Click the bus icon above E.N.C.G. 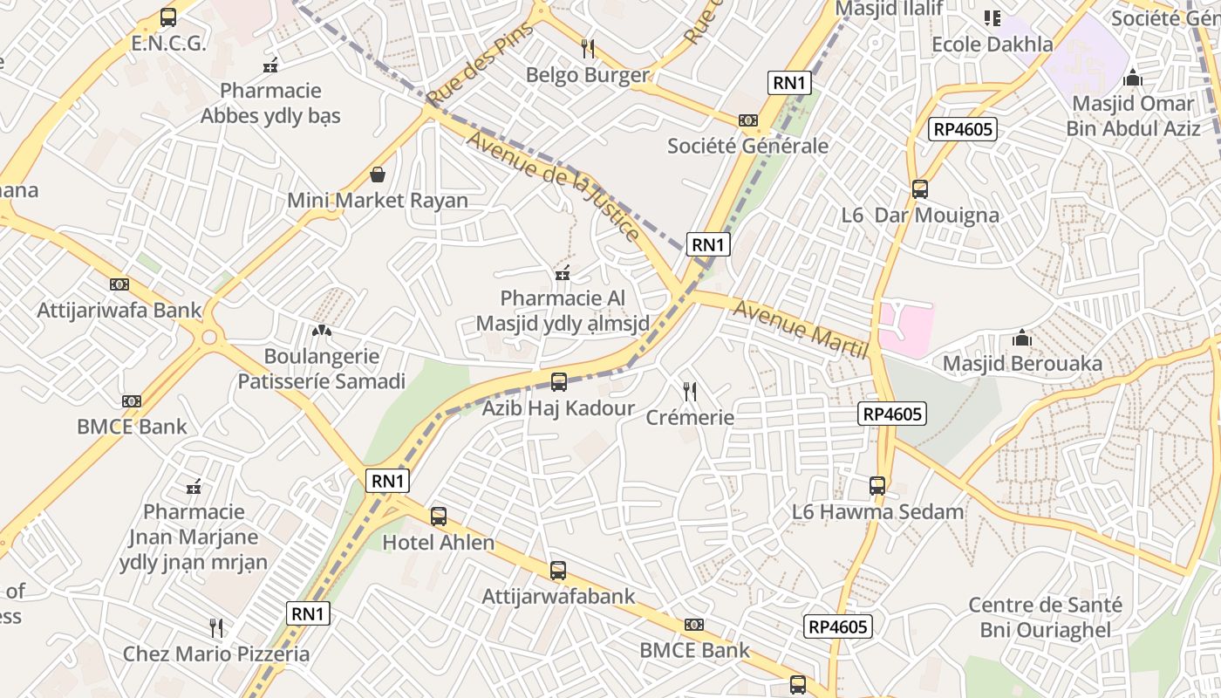coord(168,17)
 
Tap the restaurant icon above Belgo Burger coord(588,48)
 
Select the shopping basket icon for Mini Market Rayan coord(378,174)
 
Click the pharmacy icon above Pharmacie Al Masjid coord(563,274)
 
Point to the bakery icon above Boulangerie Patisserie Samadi coord(321,331)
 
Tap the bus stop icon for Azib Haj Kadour coord(559,382)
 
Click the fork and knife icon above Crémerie coord(690,392)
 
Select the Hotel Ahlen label coord(439,543)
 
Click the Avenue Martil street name coord(801,329)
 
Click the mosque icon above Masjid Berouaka coord(1022,338)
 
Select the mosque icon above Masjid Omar coord(1133,78)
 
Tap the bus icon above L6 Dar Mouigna coord(919,189)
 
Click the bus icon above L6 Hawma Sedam coord(877,486)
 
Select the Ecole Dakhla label coord(992,44)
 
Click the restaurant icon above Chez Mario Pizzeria coord(216,627)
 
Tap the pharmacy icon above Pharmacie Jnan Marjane coord(194,486)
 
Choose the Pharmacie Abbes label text coord(270,103)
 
